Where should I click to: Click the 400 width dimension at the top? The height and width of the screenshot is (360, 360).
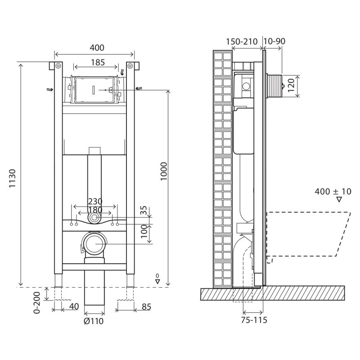click(97, 48)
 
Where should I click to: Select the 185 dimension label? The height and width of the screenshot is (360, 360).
click(98, 63)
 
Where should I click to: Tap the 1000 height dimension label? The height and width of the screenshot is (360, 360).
click(164, 171)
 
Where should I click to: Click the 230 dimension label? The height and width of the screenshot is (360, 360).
click(95, 202)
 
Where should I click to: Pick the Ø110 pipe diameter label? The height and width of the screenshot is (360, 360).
click(94, 321)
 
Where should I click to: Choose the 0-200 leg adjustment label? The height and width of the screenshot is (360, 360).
click(37, 302)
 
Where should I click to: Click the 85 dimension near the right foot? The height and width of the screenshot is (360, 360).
click(146, 307)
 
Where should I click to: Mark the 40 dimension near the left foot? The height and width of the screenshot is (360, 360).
click(74, 306)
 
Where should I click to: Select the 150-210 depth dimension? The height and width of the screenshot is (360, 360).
click(242, 42)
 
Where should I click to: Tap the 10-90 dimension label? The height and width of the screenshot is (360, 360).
click(274, 41)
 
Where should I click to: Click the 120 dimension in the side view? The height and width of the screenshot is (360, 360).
click(291, 85)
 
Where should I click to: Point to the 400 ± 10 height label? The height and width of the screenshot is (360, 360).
click(333, 192)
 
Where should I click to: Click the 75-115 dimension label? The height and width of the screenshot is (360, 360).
click(254, 320)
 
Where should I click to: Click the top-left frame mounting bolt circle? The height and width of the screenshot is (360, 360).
click(58, 66)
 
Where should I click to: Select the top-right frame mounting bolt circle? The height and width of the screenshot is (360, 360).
click(130, 66)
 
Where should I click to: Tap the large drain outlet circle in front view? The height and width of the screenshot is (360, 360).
click(94, 244)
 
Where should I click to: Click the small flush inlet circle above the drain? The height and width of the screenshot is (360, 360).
click(94, 217)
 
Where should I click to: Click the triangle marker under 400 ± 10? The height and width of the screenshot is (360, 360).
click(339, 199)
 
